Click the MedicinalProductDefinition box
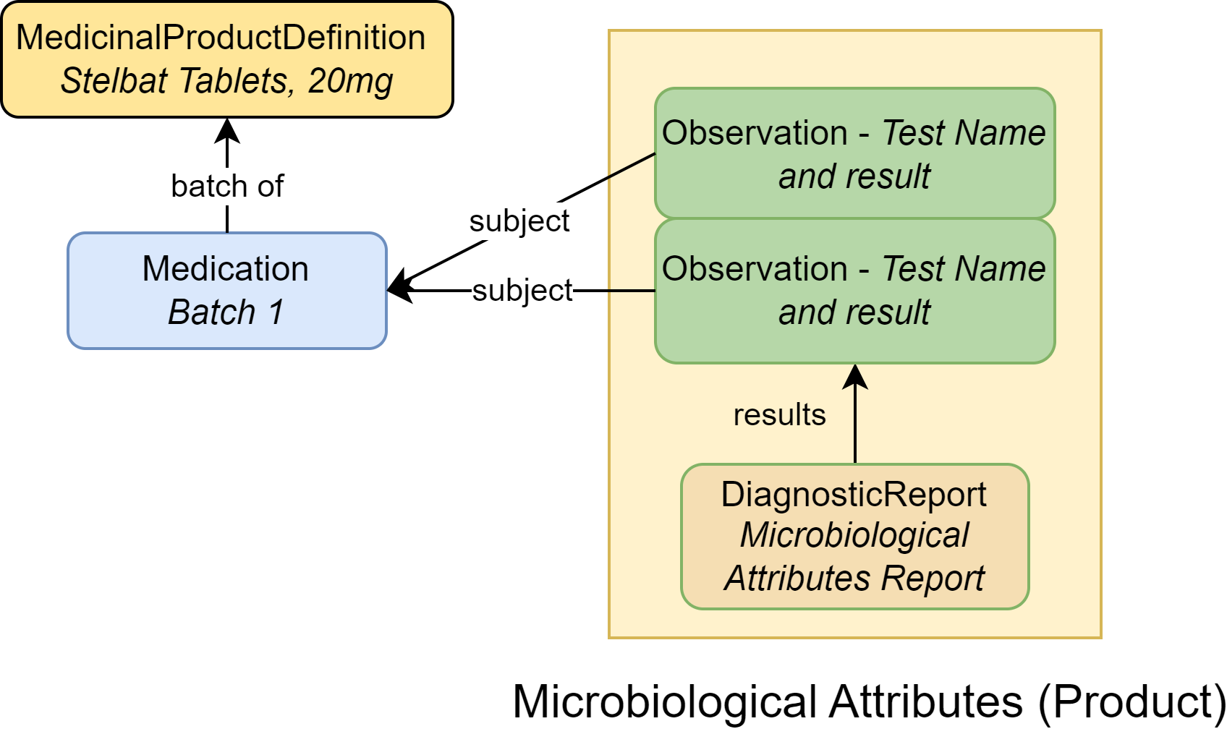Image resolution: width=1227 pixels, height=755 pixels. (x=227, y=59)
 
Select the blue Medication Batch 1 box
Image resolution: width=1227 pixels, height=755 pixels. (x=226, y=291)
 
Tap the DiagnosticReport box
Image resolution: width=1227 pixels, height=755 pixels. (x=854, y=537)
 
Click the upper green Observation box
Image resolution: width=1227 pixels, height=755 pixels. (x=854, y=153)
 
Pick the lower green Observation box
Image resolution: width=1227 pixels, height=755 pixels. (x=854, y=291)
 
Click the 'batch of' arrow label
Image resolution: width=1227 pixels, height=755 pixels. (x=227, y=187)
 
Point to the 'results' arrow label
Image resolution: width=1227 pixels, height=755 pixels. (x=779, y=415)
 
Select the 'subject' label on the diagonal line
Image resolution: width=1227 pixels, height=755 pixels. (x=519, y=221)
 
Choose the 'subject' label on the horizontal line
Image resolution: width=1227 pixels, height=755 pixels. (x=522, y=291)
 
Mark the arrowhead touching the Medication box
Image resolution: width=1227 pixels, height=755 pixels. (x=398, y=289)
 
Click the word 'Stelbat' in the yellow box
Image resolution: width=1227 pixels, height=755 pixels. (x=114, y=81)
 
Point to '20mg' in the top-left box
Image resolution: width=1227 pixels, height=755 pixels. (x=350, y=81)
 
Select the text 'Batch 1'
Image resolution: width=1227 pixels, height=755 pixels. (x=226, y=312)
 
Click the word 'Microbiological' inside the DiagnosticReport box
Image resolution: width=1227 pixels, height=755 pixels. (x=854, y=536)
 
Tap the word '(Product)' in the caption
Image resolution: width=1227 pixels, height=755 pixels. (x=1132, y=701)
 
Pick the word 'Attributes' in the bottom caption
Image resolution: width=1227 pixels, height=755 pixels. (x=925, y=701)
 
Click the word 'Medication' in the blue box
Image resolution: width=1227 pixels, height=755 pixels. (x=226, y=269)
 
